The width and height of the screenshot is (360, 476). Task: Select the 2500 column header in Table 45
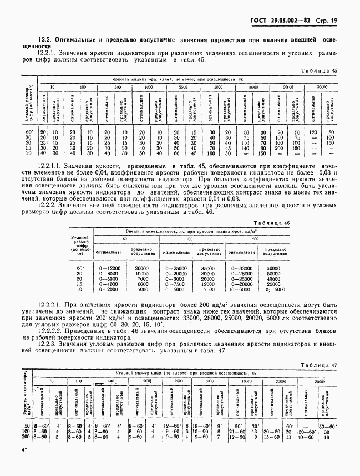coord(182,87)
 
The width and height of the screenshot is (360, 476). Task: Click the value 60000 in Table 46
coord(273,268)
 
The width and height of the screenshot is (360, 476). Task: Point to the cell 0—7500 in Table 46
coord(175,284)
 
